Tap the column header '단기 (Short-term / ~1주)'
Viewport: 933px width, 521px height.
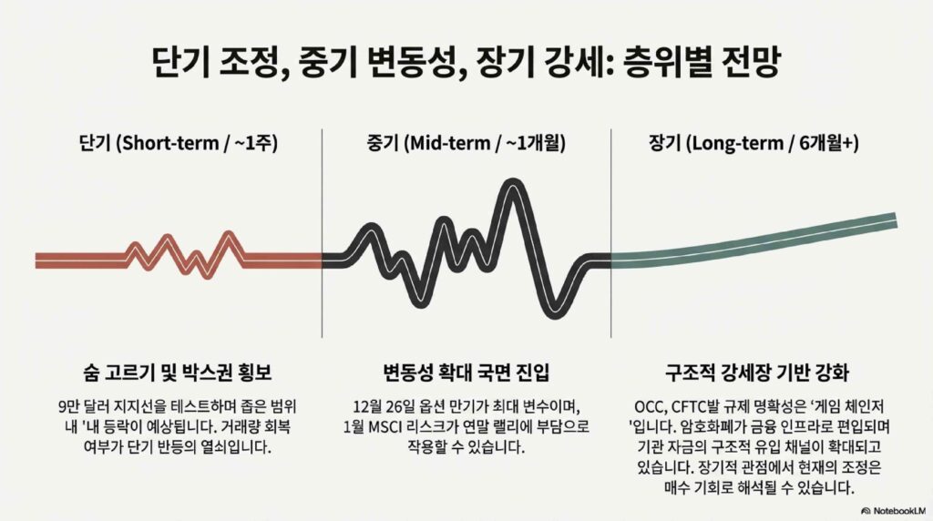point(178,143)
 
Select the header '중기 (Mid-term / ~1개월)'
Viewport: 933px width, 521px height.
point(466,143)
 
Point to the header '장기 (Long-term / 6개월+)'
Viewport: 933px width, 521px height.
point(754,143)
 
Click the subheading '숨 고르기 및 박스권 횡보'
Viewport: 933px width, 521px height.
point(178,373)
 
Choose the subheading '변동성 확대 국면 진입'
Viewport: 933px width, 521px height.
point(466,373)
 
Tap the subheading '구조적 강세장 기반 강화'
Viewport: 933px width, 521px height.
point(757,373)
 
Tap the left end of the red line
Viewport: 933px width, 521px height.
point(36,260)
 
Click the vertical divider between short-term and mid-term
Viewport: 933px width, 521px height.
point(322,233)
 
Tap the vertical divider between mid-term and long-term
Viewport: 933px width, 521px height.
point(611,233)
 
